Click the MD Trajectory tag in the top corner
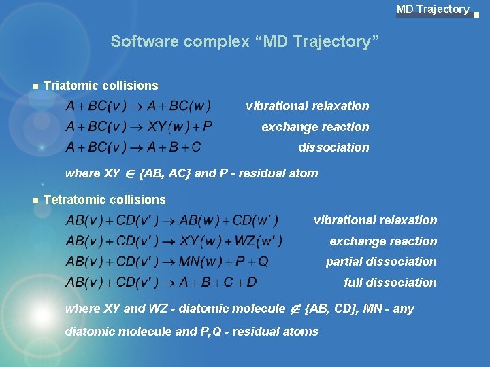433,10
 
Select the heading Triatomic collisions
101,86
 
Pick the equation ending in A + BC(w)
138,106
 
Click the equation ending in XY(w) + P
139,126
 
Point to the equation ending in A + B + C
133,147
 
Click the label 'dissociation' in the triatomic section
333,147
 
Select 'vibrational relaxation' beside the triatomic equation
308,106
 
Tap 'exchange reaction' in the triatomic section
315,127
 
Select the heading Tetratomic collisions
104,200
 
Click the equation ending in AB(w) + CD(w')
172,220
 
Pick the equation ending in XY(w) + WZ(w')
174,241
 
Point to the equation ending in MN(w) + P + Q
167,262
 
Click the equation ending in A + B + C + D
161,282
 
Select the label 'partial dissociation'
381,262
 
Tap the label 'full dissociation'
390,283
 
